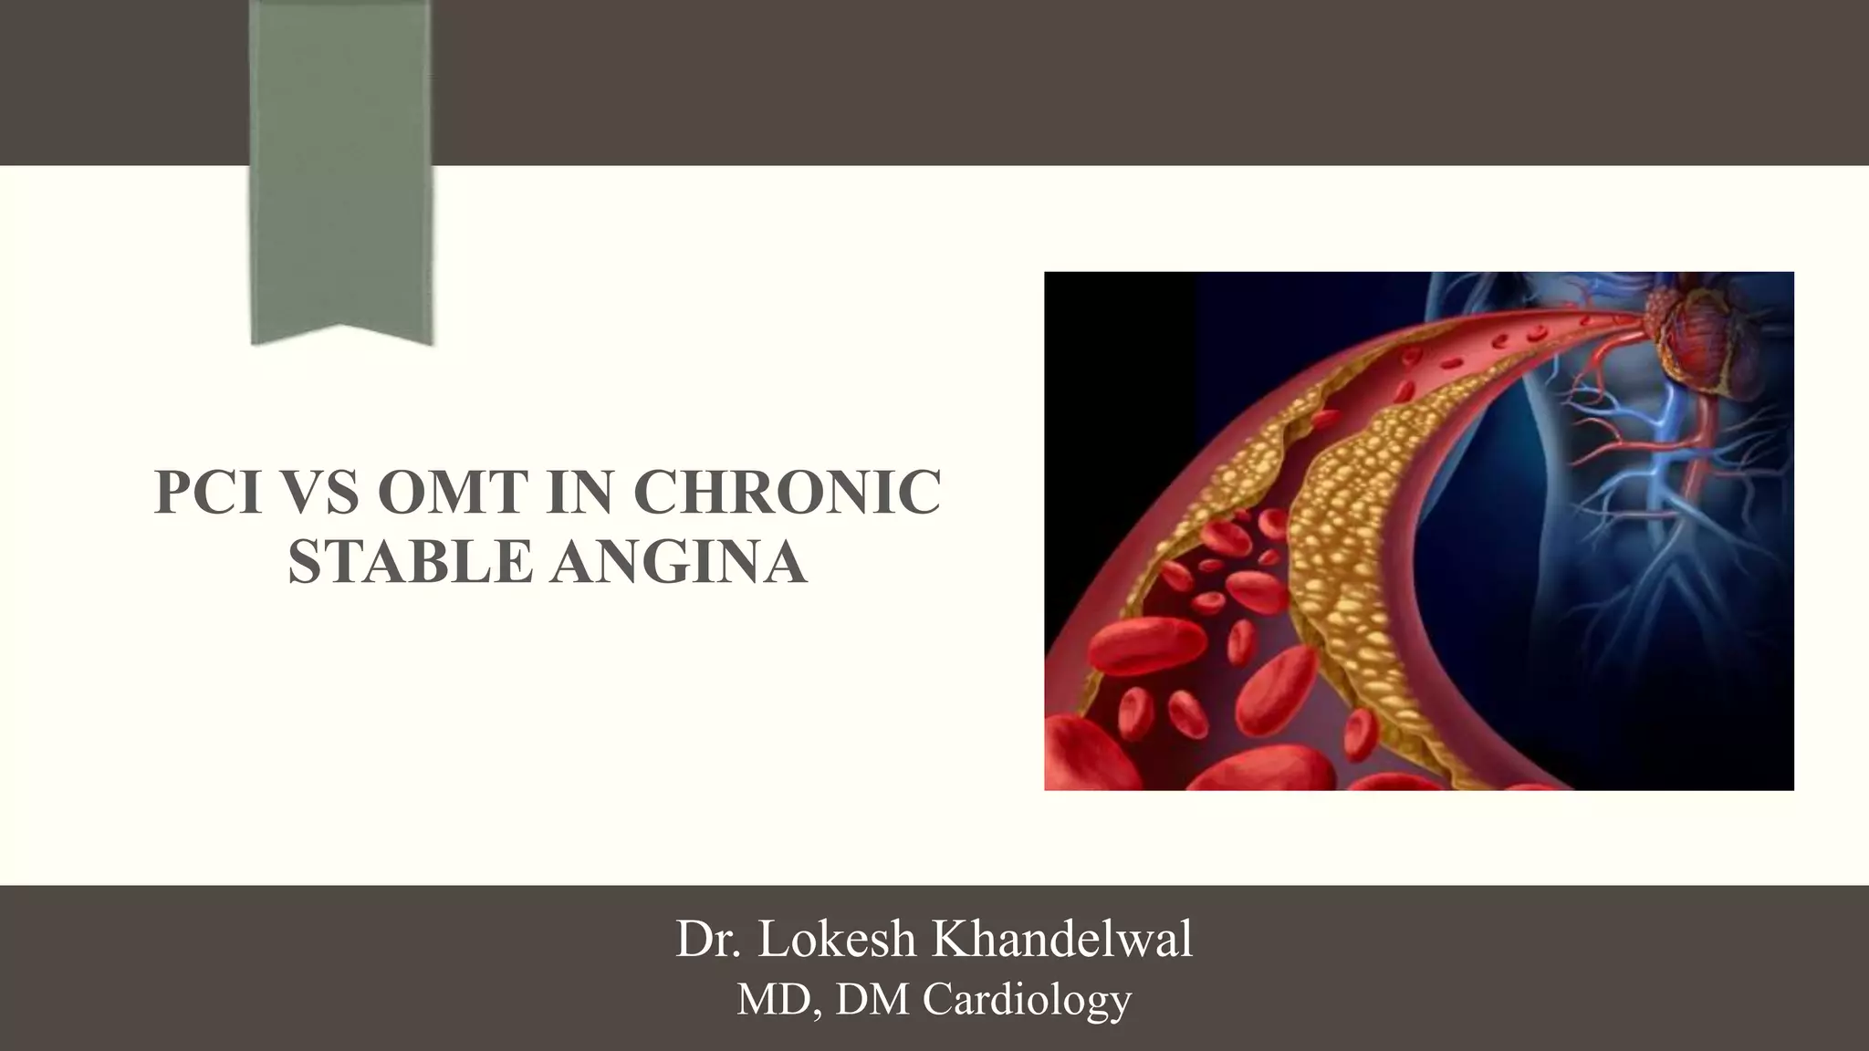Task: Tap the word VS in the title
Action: tap(324, 493)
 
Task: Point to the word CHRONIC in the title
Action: tap(787, 493)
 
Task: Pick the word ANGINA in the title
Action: tap(678, 561)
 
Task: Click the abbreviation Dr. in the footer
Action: tap(707, 940)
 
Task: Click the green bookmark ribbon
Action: tap(341, 164)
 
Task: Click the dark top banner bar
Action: tap(1095, 82)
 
